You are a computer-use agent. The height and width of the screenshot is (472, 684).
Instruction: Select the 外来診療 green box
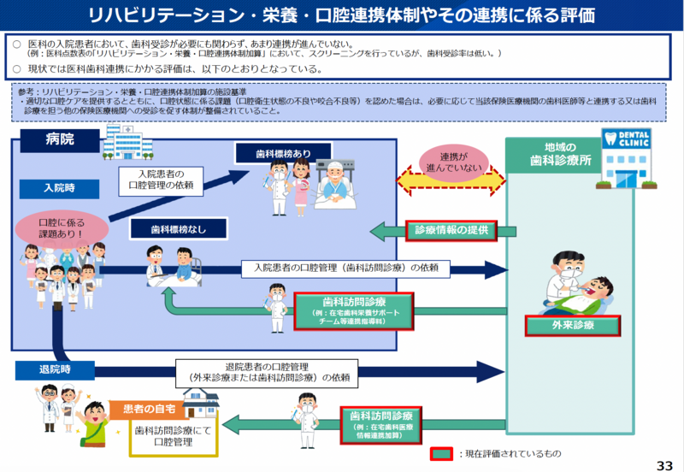click(x=572, y=326)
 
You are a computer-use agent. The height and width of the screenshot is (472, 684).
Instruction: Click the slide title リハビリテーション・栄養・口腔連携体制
click(x=342, y=16)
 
